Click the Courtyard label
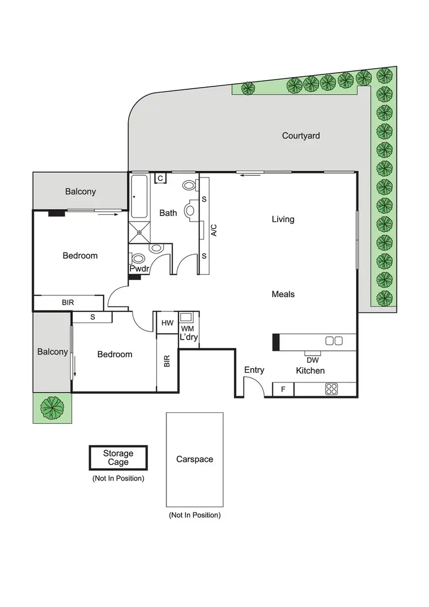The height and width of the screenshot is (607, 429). pos(301,136)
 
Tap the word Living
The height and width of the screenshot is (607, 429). pos(283,219)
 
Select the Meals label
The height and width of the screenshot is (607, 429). pos(283,294)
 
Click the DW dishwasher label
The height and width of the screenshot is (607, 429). pos(312,360)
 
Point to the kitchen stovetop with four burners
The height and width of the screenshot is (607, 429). pos(331,389)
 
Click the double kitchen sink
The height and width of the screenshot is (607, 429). pos(333,341)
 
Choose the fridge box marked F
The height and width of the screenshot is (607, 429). pos(283,389)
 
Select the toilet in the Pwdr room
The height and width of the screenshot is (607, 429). pos(154,249)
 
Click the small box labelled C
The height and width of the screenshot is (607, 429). pos(161,179)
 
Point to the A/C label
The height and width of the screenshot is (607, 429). pos(214,230)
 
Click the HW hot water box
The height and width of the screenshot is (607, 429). pos(167,323)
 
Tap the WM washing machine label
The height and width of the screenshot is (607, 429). pos(188,329)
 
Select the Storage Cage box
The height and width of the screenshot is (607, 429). pos(118,458)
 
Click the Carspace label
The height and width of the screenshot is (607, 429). pos(194,459)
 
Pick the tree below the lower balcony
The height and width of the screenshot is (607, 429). pos(53,408)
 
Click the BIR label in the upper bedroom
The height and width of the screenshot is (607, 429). pos(68,302)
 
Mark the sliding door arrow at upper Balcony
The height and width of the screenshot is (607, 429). pos(109,215)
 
